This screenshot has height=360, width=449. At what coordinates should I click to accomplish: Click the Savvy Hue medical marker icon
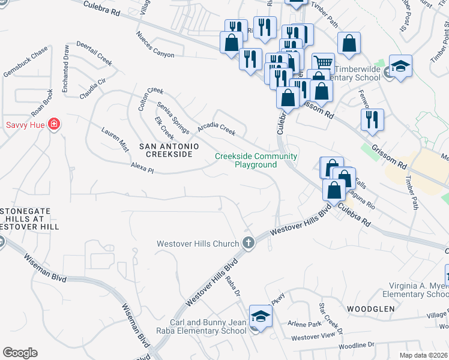[x=54, y=125]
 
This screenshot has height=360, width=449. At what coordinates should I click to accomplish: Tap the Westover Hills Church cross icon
[x=249, y=244]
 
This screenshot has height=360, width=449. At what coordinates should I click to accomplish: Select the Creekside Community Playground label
[x=256, y=160]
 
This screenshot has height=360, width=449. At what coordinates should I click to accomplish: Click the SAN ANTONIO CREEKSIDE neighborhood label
[x=165, y=150]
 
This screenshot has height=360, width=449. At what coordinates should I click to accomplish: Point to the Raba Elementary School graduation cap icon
[x=261, y=316]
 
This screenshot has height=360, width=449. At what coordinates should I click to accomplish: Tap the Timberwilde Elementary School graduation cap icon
[x=400, y=66]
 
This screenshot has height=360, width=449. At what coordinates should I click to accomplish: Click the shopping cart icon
[x=323, y=62]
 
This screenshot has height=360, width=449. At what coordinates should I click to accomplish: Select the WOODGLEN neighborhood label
[x=370, y=308]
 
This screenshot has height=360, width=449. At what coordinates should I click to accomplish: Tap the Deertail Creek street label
[x=95, y=57]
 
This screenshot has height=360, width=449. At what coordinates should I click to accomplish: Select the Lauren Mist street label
[x=115, y=139]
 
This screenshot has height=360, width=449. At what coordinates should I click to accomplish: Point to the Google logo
[x=20, y=353]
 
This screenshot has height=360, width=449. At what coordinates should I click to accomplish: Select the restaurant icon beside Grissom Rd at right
[x=372, y=119]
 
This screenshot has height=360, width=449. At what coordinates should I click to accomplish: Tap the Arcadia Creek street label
[x=217, y=128]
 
